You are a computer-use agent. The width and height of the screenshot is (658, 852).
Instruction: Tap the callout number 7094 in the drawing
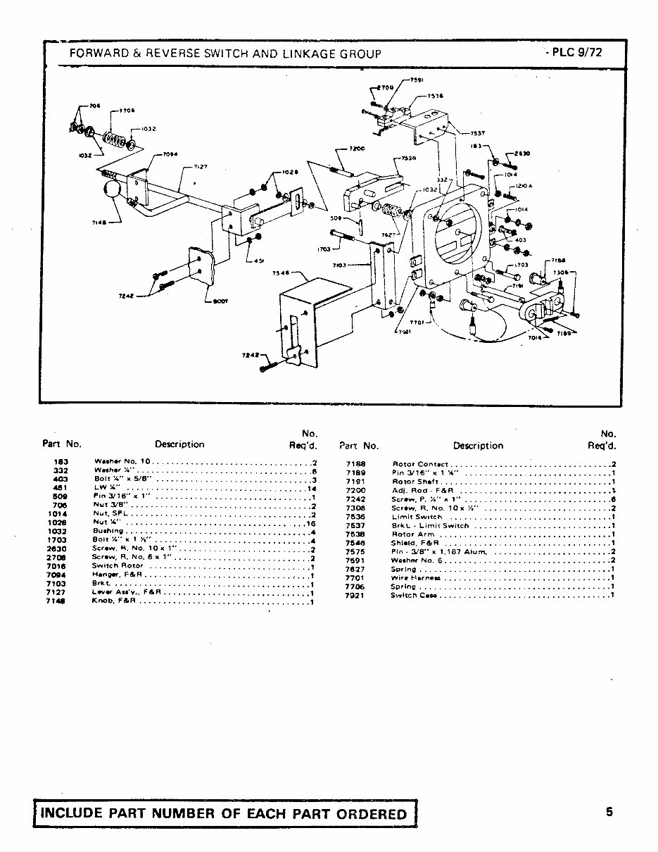[171, 154]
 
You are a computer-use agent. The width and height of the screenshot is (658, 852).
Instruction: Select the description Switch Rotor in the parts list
[118, 565]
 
